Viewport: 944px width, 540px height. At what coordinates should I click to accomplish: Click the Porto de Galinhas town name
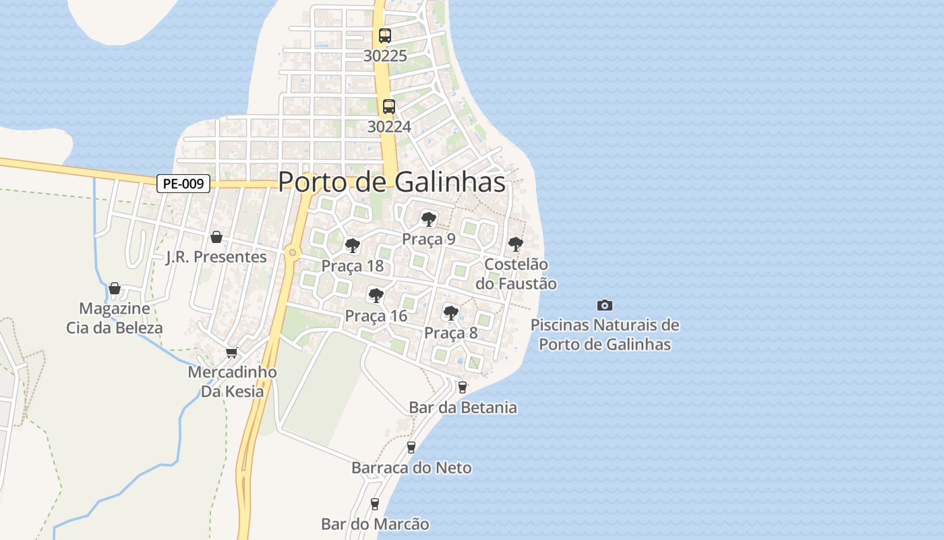pyautogui.click(x=392, y=182)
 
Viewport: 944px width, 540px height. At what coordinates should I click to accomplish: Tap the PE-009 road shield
pyautogui.click(x=183, y=184)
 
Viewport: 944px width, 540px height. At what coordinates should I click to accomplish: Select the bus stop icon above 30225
pyautogui.click(x=385, y=36)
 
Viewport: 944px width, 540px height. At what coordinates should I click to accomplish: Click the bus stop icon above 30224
pyautogui.click(x=389, y=106)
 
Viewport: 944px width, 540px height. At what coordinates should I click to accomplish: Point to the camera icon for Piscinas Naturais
pyautogui.click(x=605, y=305)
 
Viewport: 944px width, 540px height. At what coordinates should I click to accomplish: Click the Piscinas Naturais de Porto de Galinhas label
pyautogui.click(x=605, y=335)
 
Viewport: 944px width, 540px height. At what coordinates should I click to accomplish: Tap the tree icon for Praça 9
pyautogui.click(x=428, y=219)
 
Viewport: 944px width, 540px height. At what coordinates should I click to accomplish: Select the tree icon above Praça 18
pyautogui.click(x=352, y=245)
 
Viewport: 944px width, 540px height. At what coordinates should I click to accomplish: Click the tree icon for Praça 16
pyautogui.click(x=376, y=295)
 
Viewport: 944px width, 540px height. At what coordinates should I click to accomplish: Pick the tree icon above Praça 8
pyautogui.click(x=451, y=313)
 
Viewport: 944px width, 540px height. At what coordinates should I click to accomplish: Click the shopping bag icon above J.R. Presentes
pyautogui.click(x=216, y=237)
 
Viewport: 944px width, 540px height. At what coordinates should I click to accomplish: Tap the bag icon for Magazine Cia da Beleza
pyautogui.click(x=114, y=289)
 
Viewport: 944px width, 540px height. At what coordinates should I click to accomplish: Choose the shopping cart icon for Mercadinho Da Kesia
pyautogui.click(x=232, y=352)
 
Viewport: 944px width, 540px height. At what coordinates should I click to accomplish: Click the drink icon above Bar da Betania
pyautogui.click(x=463, y=387)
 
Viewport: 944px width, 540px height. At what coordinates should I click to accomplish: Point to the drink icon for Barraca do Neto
pyautogui.click(x=411, y=447)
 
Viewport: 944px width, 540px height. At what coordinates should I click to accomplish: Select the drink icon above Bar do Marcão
pyautogui.click(x=375, y=504)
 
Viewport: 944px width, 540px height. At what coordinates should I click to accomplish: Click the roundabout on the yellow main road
pyautogui.click(x=292, y=252)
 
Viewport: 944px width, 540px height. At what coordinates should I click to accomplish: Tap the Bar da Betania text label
pyautogui.click(x=463, y=408)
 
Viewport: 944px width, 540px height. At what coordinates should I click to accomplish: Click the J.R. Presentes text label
pyautogui.click(x=216, y=257)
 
